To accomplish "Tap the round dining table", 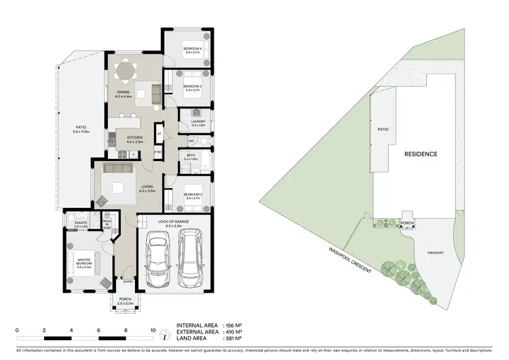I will [124, 71].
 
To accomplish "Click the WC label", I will [192, 141].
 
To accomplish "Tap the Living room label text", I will [147, 188].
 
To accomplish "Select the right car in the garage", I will [191, 258].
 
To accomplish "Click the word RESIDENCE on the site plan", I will [421, 154].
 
